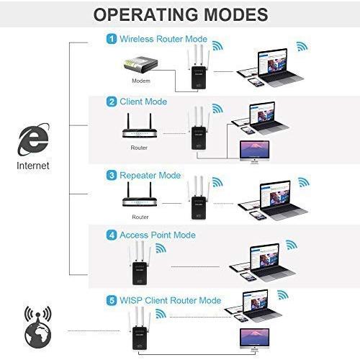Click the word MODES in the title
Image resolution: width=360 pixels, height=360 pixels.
click(235, 14)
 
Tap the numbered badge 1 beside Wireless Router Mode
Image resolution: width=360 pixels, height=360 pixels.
click(112, 39)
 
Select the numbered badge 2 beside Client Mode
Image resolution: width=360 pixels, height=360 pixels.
click(112, 102)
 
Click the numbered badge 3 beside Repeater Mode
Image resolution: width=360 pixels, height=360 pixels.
click(112, 175)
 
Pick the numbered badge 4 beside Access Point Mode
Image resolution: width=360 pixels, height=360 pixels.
click(112, 235)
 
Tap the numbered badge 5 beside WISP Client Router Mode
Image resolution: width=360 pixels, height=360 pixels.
click(112, 300)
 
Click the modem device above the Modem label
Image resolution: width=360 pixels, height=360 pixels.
click(140, 65)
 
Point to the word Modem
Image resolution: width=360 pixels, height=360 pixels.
click(141, 81)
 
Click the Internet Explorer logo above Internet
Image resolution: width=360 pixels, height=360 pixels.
click(33, 139)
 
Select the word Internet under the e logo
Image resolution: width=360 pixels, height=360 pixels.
click(33, 166)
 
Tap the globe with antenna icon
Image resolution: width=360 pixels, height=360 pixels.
click(38, 327)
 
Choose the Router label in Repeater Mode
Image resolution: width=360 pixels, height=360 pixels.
click(140, 217)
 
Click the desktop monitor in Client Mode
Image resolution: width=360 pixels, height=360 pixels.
click(255, 152)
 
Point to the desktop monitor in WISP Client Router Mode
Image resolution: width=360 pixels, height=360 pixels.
click(255, 340)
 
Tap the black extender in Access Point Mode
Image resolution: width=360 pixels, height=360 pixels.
click(140, 264)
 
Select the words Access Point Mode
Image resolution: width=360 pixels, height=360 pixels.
click(158, 235)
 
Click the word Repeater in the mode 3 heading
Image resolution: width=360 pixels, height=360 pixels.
click(138, 176)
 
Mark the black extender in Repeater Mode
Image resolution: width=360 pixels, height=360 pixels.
click(199, 198)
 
